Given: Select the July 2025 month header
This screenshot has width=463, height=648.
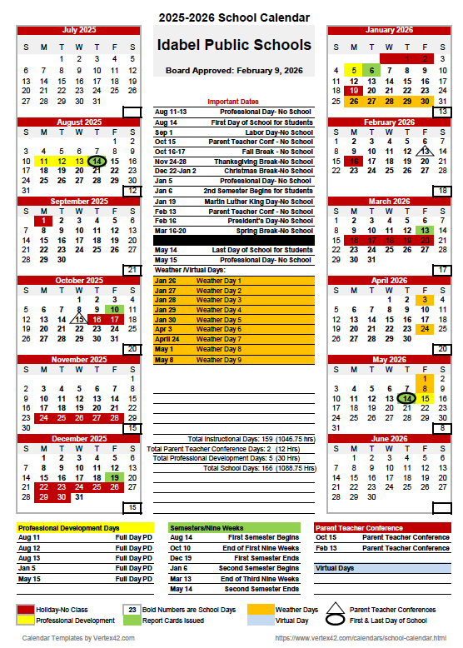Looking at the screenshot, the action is pyautogui.click(x=79, y=30).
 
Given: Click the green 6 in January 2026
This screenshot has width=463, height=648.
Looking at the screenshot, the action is pyautogui.click(x=371, y=71).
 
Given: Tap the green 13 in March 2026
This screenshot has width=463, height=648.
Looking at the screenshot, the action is pyautogui.click(x=426, y=230).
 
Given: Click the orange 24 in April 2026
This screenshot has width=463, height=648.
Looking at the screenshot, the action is pyautogui.click(x=426, y=329).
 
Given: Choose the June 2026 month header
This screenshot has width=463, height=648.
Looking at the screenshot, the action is pyautogui.click(x=389, y=439).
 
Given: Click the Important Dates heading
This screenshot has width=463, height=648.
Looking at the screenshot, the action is pyautogui.click(x=232, y=102).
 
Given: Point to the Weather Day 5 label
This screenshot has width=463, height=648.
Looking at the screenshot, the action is pyautogui.click(x=218, y=320).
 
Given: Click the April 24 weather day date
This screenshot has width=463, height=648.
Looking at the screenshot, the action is pyautogui.click(x=167, y=339).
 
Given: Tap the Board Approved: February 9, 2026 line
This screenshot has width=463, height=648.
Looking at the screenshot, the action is pyautogui.click(x=232, y=72).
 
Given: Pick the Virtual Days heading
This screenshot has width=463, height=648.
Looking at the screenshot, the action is pyautogui.click(x=335, y=568).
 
